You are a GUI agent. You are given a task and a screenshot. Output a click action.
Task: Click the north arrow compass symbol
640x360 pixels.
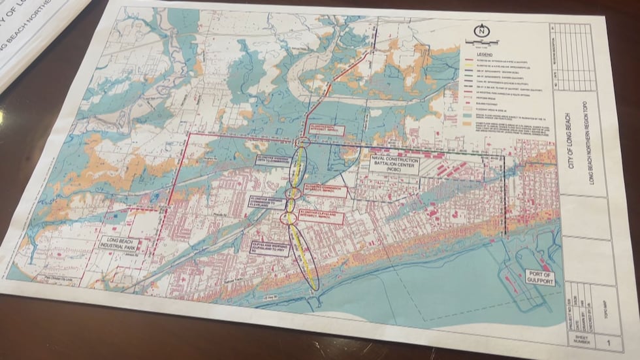click(481, 30)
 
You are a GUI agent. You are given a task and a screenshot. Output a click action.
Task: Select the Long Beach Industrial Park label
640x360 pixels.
click(125, 243)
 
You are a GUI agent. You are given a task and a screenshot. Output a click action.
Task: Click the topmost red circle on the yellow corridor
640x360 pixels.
click(301, 142)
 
